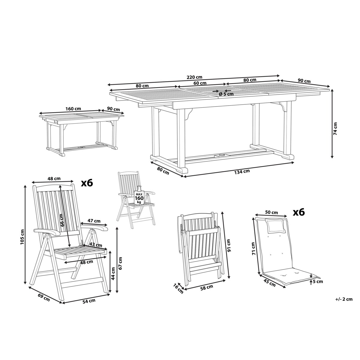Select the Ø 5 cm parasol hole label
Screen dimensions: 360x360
click(x=226, y=94)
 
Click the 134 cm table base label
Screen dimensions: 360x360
click(x=242, y=172)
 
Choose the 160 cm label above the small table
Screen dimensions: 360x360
click(x=73, y=109)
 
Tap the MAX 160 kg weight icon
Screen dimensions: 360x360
click(x=139, y=197)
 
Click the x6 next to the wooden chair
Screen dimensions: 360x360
click(x=87, y=183)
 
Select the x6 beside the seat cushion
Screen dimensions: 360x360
click(x=299, y=212)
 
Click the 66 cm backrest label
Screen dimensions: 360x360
click(x=62, y=220)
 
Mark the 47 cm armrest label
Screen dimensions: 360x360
click(x=94, y=221)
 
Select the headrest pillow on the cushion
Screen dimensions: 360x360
click(x=276, y=226)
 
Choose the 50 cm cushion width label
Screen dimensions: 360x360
click(x=271, y=213)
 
